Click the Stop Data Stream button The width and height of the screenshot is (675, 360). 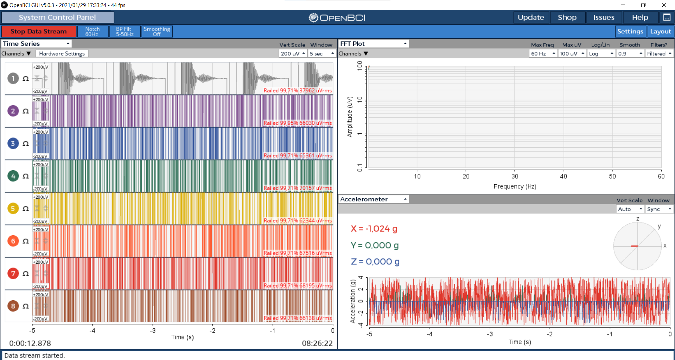tap(39, 31)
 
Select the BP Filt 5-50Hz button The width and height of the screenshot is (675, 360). tap(125, 31)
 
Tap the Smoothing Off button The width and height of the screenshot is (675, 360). tap(157, 31)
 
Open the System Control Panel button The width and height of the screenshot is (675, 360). tap(58, 17)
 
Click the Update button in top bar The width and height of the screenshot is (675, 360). tap(531, 17)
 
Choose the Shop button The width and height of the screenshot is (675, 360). tap(567, 17)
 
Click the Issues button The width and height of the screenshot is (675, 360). tap(604, 17)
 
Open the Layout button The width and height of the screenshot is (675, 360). tap(661, 31)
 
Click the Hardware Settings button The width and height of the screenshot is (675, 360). tap(62, 53)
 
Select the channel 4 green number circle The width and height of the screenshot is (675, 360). tap(13, 176)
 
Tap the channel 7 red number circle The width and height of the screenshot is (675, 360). tap(13, 274)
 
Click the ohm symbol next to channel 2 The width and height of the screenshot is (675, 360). tap(26, 111)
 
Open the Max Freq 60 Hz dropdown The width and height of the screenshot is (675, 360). tap(543, 53)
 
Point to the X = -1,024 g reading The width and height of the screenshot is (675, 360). tap(374, 229)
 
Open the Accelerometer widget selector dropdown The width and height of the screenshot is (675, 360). tap(374, 199)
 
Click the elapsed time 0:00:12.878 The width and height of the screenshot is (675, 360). tap(30, 343)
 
